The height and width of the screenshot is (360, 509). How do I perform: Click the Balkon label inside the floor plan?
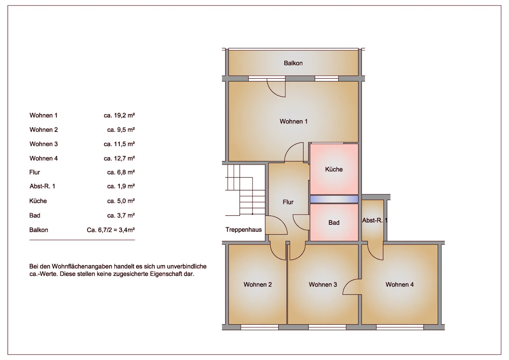pyautogui.click(x=293, y=63)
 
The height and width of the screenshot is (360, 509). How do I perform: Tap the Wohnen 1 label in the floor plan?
pyautogui.click(x=293, y=122)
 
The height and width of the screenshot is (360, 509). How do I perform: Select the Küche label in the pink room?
pyautogui.click(x=334, y=169)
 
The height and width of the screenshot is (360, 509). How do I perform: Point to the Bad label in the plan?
pyautogui.click(x=334, y=222)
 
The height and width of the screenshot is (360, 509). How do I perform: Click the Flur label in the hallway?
pyautogui.click(x=288, y=202)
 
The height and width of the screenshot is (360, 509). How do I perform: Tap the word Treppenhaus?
pyautogui.click(x=243, y=230)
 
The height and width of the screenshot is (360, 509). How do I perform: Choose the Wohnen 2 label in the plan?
pyautogui.click(x=258, y=285)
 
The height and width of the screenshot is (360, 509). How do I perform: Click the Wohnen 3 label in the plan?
pyautogui.click(x=323, y=285)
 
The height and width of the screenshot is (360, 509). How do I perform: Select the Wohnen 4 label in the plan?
pyautogui.click(x=400, y=285)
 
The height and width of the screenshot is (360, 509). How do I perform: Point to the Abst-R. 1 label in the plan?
pyautogui.click(x=375, y=220)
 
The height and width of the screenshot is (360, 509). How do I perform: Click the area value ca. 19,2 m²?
pyautogui.click(x=119, y=116)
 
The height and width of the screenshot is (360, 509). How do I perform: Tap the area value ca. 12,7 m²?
pyautogui.click(x=119, y=158)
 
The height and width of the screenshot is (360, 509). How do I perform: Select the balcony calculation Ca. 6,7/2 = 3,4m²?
pyautogui.click(x=111, y=230)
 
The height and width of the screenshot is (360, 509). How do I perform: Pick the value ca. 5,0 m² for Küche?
pyautogui.click(x=121, y=201)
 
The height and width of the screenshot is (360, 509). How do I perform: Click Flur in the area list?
pyautogui.click(x=35, y=173)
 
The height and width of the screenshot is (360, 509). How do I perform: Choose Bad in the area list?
pyautogui.click(x=35, y=215)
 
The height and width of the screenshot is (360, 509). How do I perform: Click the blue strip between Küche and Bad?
pyautogui.click(x=334, y=199)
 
